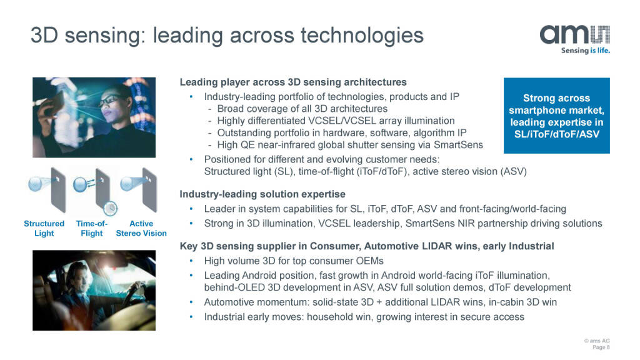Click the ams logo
(x=575, y=35)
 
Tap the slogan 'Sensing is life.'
(x=585, y=51)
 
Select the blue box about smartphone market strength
(x=557, y=116)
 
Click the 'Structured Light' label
(x=44, y=229)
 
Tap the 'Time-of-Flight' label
(x=92, y=229)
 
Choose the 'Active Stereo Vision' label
(x=141, y=229)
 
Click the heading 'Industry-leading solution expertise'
(x=262, y=194)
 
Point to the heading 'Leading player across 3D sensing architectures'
(x=293, y=82)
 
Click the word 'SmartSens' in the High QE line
(x=458, y=145)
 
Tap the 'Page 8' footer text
(x=601, y=347)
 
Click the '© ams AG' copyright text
(x=597, y=341)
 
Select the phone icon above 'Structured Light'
(x=58, y=190)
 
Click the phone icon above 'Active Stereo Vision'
(x=149, y=190)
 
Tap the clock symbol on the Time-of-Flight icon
(x=110, y=208)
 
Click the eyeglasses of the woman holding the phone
(x=110, y=99)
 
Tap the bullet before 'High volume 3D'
(x=191, y=261)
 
